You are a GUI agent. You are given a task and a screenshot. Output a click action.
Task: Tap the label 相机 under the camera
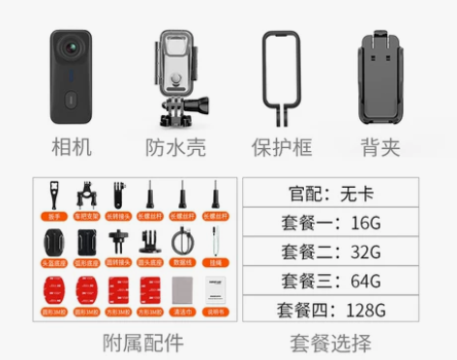click(x=74, y=148)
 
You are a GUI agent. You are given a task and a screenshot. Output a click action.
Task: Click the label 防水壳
click(x=175, y=148)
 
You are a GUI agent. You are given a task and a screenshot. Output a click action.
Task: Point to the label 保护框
click(x=284, y=148)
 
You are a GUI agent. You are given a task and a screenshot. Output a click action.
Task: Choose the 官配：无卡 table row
click(x=330, y=192)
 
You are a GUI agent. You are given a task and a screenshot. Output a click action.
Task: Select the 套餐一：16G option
click(x=330, y=222)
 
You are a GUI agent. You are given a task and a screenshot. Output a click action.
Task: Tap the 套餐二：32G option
click(x=330, y=252)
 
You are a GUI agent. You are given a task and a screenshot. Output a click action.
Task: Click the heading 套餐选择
click(x=330, y=342)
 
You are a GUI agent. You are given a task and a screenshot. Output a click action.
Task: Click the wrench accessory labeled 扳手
click(x=50, y=196)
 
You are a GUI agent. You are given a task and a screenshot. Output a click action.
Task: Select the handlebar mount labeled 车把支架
click(x=85, y=196)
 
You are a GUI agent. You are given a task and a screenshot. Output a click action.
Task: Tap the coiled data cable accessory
click(x=181, y=242)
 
